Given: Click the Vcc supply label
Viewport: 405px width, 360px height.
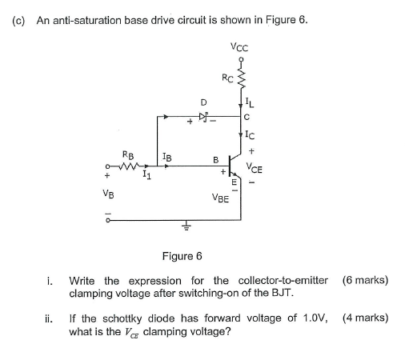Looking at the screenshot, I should (239, 46).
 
